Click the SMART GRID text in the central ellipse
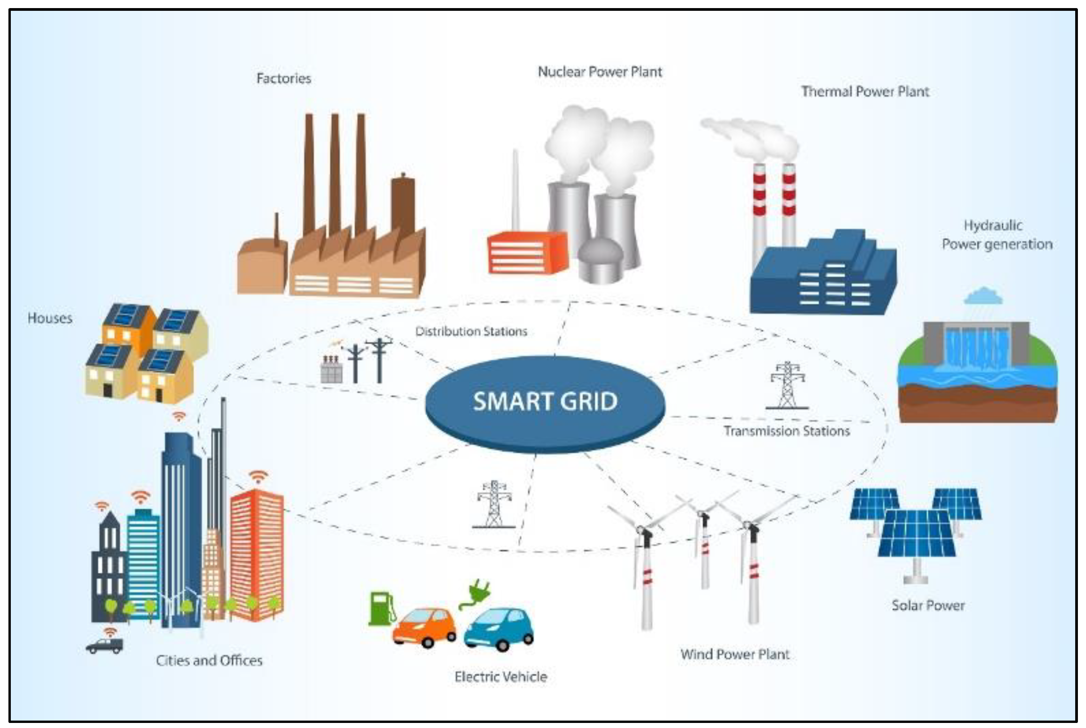[x=545, y=401]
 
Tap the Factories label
[x=283, y=78]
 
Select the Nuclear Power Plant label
[x=600, y=72]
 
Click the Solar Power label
[x=928, y=605]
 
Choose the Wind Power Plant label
[x=734, y=654]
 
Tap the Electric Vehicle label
[x=500, y=676]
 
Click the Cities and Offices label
[x=209, y=660]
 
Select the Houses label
[x=50, y=318]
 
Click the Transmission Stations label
[x=787, y=431]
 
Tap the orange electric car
[x=424, y=627]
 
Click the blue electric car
[x=499, y=629]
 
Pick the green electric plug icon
[x=476, y=594]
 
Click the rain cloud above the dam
[x=983, y=296]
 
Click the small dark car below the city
[x=105, y=645]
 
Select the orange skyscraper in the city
[x=256, y=555]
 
